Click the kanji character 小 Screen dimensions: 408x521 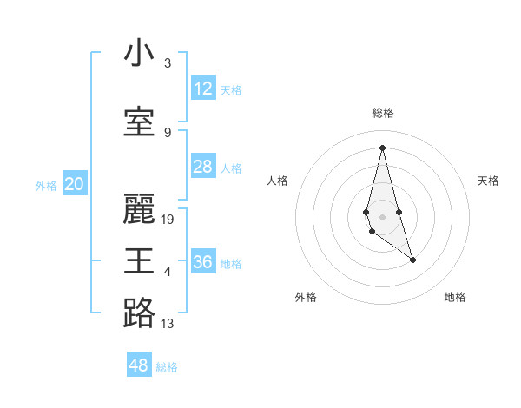pos(139,54)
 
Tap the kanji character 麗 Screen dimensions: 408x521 pos(139,209)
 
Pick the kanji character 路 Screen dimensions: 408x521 pos(139,313)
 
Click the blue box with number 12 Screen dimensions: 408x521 pos(203,89)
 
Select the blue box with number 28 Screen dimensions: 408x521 pos(203,167)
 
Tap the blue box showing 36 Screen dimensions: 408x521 pos(203,262)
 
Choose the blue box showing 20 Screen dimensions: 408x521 pos(75,184)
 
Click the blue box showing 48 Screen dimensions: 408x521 pos(139,365)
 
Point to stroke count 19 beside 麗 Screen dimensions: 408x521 pos(168,220)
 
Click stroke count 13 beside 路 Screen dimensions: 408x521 pos(168,324)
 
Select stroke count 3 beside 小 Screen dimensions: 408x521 pos(168,63)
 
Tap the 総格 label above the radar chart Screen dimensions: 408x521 pos(382,113)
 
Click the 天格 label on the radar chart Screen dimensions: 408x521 pos(489,181)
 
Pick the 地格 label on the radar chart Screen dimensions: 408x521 pos(455,297)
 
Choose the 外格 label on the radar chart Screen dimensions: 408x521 pos(306,297)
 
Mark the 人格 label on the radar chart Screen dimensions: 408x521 pos(278,181)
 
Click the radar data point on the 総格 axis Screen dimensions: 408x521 pos(382,148)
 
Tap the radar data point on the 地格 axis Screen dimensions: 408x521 pos(412,260)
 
